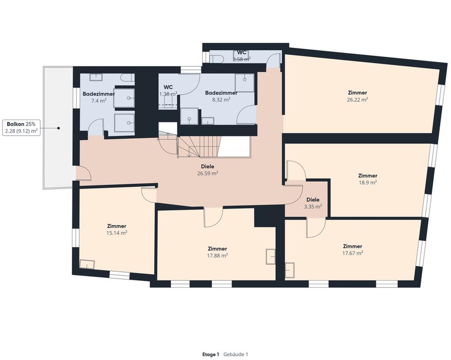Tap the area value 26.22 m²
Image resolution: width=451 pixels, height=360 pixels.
pyautogui.click(x=358, y=100)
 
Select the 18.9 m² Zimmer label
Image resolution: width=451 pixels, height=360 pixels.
pyautogui.click(x=367, y=179)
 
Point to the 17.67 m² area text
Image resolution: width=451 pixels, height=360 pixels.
pyautogui.click(x=352, y=253)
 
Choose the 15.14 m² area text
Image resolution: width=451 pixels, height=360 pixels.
pyautogui.click(x=117, y=232)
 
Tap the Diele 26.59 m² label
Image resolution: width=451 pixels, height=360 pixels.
pyautogui.click(x=207, y=169)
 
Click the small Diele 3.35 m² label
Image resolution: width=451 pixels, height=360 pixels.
pyautogui.click(x=312, y=203)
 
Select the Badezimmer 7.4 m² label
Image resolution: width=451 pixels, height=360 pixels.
pyautogui.click(x=99, y=97)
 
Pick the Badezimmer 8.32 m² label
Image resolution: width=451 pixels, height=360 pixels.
pyautogui.click(x=221, y=96)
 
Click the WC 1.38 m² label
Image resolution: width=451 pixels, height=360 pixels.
pyautogui.click(x=168, y=91)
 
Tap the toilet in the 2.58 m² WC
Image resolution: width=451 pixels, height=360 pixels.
pyautogui.click(x=217, y=59)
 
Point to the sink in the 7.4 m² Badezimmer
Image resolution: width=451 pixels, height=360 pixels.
pyautogui.click(x=97, y=77)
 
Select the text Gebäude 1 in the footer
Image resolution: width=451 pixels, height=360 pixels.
pyautogui.click(x=235, y=354)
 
